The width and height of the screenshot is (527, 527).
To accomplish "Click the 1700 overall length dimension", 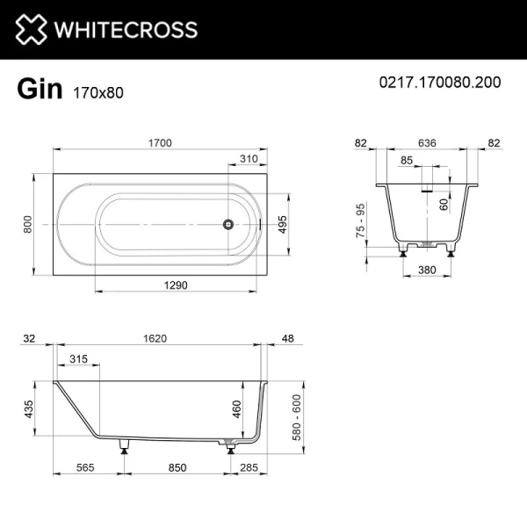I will [159, 143].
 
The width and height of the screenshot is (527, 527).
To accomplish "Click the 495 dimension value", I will [283, 224].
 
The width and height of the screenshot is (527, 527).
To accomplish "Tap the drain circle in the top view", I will [229, 223].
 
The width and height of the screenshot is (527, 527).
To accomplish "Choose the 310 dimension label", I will [249, 160].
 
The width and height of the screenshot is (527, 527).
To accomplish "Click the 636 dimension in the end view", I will [427, 143].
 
